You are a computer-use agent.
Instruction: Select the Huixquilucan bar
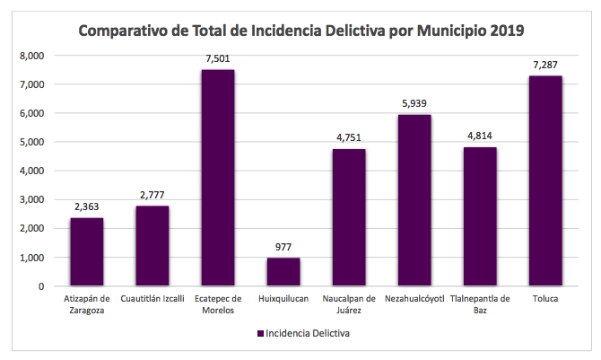click(x=283, y=272)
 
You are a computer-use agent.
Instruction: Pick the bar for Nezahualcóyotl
click(x=414, y=200)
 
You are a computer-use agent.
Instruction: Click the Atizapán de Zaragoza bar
click(x=87, y=251)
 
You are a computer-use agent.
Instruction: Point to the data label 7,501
click(x=218, y=59)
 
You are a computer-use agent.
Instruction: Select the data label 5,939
click(x=414, y=104)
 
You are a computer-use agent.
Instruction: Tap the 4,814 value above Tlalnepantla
click(x=480, y=136)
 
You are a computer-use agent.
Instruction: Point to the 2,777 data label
click(x=152, y=196)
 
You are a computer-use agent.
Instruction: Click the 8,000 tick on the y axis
click(x=31, y=56)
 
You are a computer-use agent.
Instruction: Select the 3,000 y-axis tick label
click(x=31, y=199)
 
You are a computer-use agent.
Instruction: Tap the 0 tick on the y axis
click(x=40, y=286)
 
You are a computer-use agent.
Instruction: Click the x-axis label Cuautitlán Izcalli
click(x=152, y=299)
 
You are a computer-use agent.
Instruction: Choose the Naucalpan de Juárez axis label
click(x=349, y=304)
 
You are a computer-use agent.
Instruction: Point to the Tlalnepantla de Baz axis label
click(x=480, y=304)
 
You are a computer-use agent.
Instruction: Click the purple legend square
click(x=260, y=333)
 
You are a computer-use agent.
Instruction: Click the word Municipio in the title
click(x=439, y=31)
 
